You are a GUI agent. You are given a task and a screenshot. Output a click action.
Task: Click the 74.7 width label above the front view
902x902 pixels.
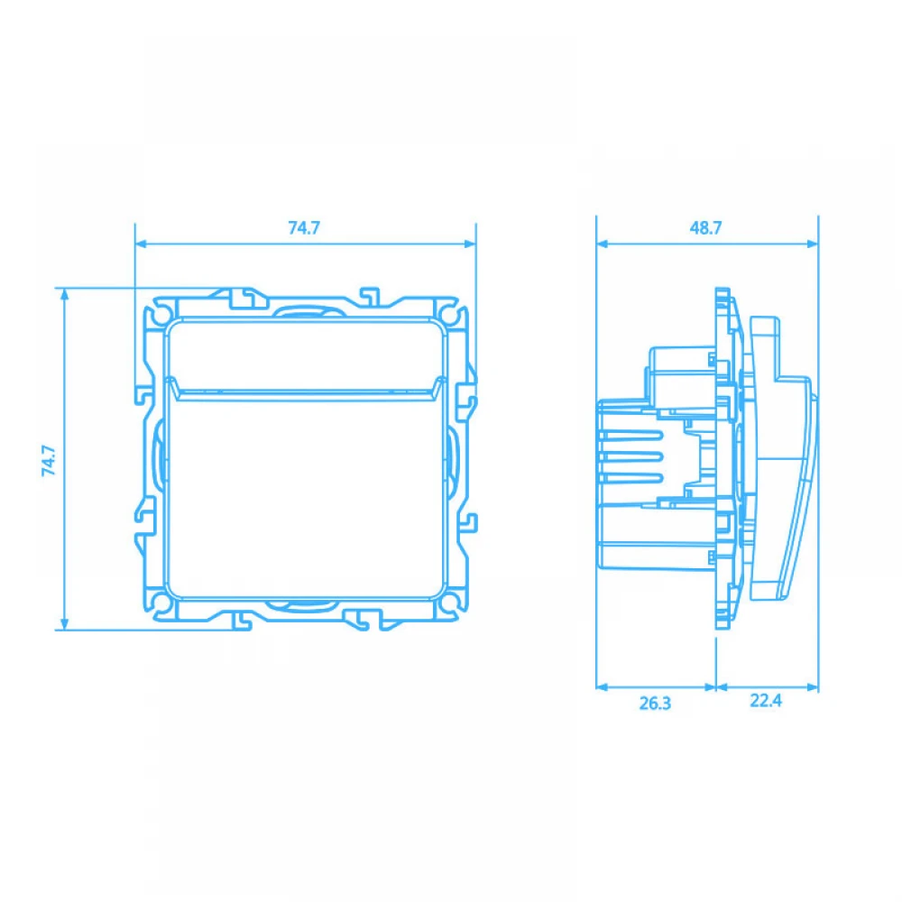click(x=304, y=228)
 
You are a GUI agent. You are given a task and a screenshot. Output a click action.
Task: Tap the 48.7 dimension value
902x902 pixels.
click(x=705, y=228)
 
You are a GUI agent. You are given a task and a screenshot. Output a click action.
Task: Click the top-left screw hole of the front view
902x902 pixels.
click(x=160, y=316)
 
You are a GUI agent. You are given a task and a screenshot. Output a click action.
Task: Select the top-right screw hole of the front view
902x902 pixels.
click(x=450, y=316)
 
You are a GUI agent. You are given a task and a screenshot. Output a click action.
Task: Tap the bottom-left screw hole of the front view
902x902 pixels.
click(x=160, y=601)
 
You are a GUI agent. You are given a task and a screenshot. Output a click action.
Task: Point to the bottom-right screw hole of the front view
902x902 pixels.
click(x=450, y=601)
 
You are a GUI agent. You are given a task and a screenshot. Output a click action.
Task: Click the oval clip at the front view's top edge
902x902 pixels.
click(x=306, y=313)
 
